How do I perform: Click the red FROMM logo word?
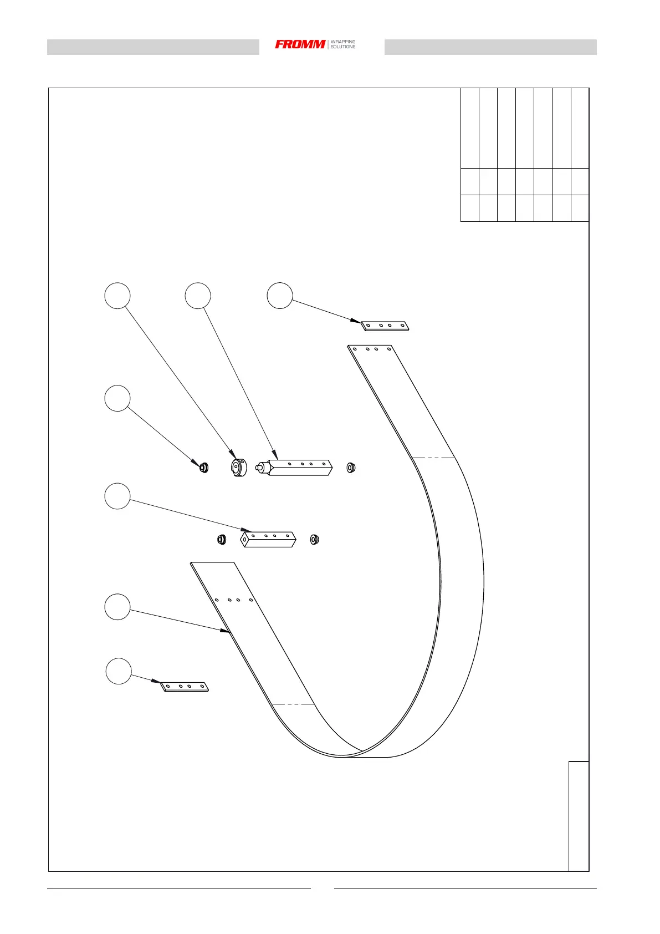300,44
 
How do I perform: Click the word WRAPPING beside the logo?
343,42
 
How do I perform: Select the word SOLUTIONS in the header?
343,47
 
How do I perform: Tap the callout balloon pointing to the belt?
117,607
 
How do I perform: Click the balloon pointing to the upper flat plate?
280,296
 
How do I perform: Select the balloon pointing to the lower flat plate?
119,671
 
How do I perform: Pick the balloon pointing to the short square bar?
117,496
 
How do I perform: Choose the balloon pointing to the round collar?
117,296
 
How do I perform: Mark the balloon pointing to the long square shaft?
198,296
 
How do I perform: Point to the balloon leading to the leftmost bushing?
117,398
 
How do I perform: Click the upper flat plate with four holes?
386,326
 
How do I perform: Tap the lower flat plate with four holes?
185,687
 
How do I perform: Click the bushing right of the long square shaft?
351,468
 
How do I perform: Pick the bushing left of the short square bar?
222,539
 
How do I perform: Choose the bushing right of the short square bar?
314,539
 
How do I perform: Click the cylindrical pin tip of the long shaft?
259,468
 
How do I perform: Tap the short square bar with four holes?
269,539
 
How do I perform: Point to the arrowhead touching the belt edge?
227,631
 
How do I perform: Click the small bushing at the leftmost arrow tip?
203,468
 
